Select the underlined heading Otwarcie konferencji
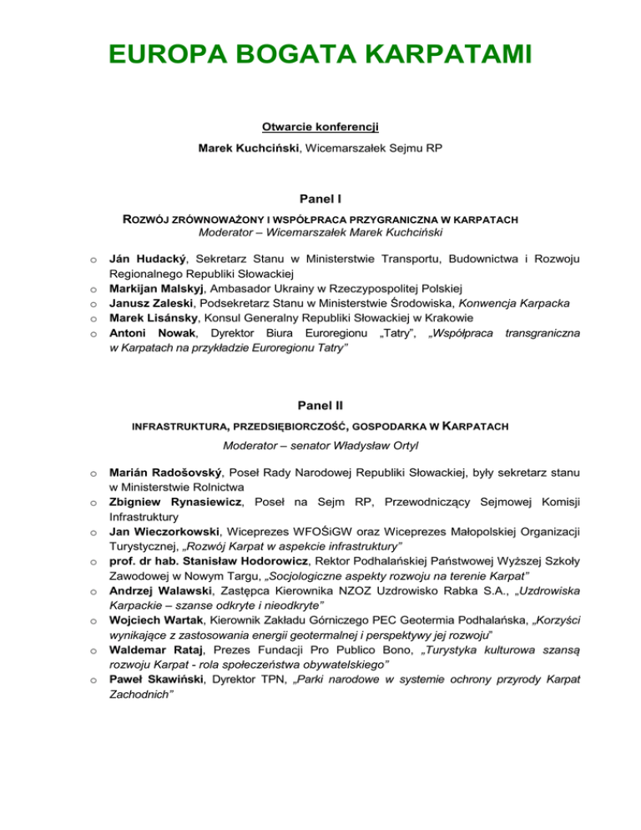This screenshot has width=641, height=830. pos(320,127)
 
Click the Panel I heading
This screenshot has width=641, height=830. pos(320,200)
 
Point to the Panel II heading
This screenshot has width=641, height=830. pos(320,407)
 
